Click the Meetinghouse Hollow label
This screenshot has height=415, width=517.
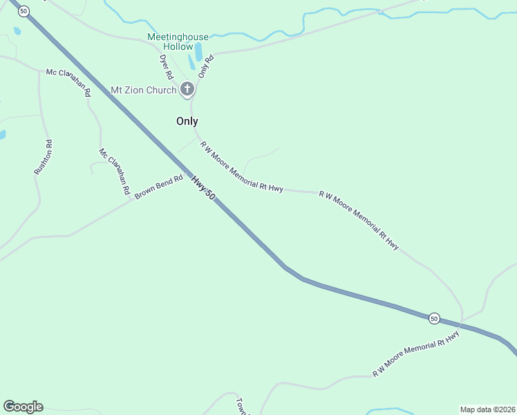[x=169, y=41]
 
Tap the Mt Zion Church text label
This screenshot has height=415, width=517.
[x=144, y=90]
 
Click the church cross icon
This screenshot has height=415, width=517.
[x=187, y=89]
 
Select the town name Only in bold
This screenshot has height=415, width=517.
[x=187, y=121]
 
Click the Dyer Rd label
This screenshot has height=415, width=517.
[x=166, y=67]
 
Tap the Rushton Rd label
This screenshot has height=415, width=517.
[x=43, y=157]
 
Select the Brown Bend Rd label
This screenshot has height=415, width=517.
[x=159, y=187]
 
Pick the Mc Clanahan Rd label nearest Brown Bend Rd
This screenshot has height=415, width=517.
[x=115, y=170]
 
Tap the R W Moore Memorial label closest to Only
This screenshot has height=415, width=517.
[x=242, y=167]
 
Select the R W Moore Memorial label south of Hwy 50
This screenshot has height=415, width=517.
[x=416, y=354]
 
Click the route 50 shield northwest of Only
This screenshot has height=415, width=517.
[x=25, y=11]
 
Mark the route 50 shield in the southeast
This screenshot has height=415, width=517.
[x=433, y=318]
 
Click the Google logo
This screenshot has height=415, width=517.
[x=23, y=407]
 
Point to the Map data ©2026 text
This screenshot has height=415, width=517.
[x=487, y=409]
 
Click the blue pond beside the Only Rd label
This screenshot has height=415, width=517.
[x=198, y=52]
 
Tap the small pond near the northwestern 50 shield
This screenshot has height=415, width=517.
[x=17, y=31]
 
